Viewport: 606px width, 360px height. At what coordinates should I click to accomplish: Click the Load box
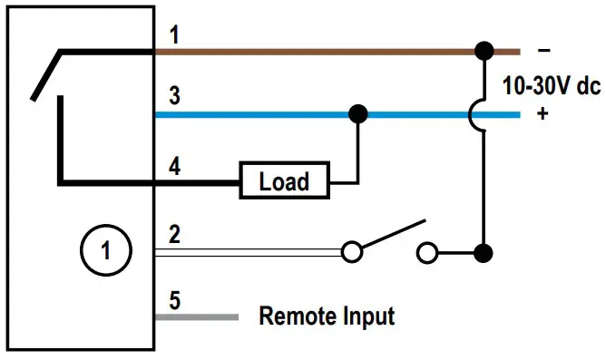284,181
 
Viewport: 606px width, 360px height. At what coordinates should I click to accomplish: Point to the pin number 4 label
175,166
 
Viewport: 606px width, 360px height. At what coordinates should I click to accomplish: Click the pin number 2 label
175,235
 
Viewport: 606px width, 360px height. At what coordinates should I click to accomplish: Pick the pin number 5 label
175,298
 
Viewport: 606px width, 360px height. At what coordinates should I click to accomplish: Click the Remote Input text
327,316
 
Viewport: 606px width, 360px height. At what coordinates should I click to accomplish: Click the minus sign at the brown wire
542,50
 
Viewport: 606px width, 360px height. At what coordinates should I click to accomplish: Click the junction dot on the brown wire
484,50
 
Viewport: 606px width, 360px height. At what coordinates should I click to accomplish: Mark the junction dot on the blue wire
358,114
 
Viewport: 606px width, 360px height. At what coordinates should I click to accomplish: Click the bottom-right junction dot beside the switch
484,251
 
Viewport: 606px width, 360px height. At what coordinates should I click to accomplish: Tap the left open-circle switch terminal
352,251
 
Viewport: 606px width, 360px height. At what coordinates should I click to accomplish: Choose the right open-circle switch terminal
427,251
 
